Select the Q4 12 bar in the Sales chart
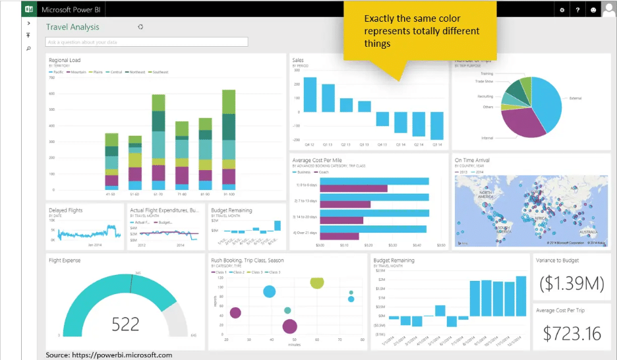point(308,95)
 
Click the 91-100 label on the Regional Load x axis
point(229,195)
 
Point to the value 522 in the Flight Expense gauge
point(125,324)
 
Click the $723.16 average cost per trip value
point(572,332)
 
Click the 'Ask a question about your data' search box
point(146,42)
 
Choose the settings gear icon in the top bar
point(562,10)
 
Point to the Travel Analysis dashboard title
point(73,27)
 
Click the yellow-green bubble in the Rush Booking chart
point(317,282)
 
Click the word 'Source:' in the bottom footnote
point(57,355)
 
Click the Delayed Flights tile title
point(66,210)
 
